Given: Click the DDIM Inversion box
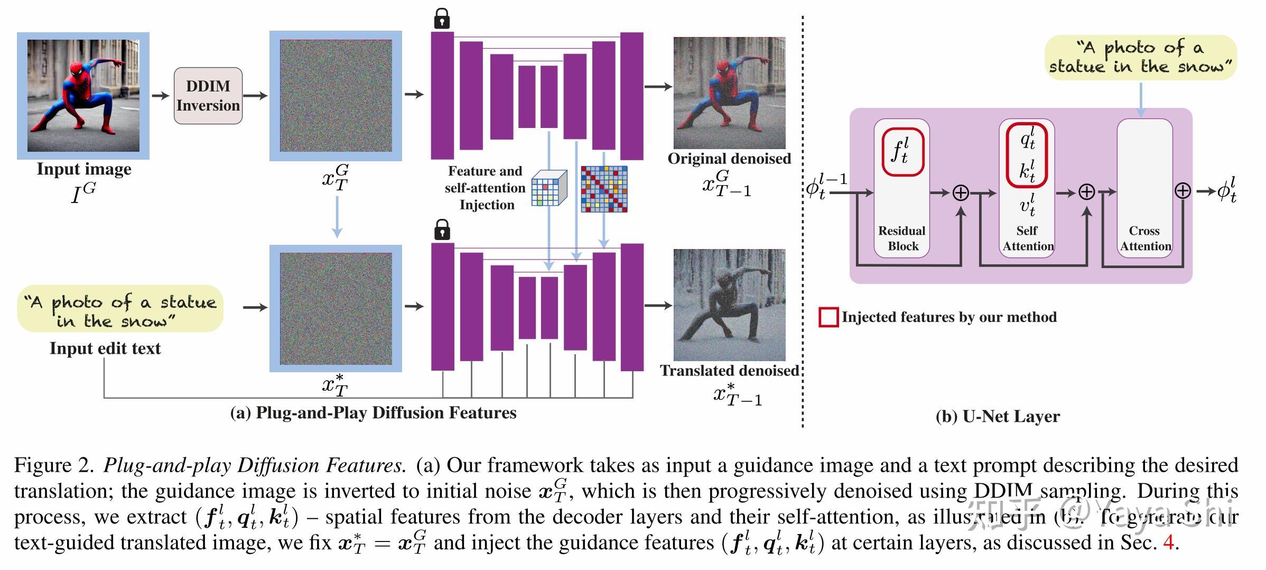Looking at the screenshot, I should coord(208,96).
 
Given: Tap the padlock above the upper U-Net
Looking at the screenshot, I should coord(442,19).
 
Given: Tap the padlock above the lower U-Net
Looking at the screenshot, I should coord(442,230).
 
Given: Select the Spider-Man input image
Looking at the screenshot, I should coord(83,96).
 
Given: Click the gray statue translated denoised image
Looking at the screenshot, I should coord(729,305).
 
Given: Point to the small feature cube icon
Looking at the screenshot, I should coord(548,188).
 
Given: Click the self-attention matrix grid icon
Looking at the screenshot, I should coord(604,189).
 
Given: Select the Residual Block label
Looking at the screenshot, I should coord(902,238).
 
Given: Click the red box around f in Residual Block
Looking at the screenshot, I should coord(902,151).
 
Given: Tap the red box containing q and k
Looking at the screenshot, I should coord(1027,155).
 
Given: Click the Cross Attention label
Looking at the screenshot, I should coord(1145,238).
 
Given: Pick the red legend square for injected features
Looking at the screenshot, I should coord(828,317).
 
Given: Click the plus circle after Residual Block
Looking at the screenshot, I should coord(961,193).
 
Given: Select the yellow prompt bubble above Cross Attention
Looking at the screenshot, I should coord(1141,58).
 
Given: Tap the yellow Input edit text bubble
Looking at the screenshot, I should coord(120,309).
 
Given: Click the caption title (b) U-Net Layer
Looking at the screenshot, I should coord(998,417).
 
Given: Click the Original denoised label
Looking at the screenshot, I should coord(729,159).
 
